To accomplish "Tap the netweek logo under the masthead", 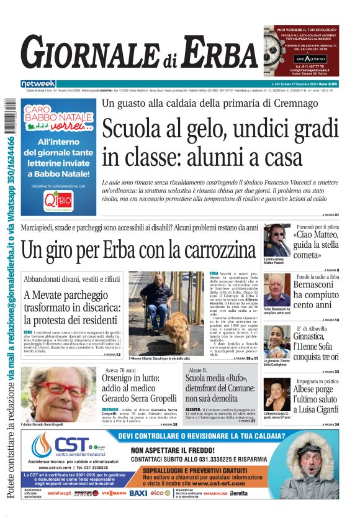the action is click(38, 83).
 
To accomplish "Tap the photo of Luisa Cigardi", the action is click(276, 391).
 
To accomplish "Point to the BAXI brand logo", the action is click(138, 493).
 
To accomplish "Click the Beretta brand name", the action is click(238, 493).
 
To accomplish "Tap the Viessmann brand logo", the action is click(114, 493).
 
